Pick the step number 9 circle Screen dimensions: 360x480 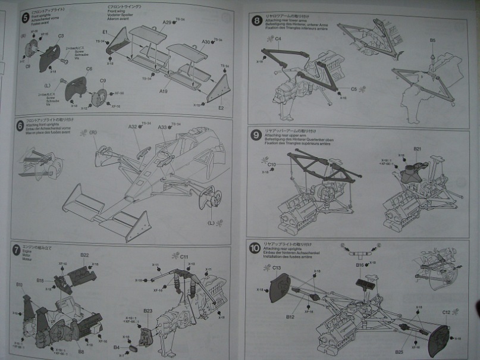point(256,134)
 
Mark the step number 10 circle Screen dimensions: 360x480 point(255,246)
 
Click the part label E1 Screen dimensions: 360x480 point(105,31)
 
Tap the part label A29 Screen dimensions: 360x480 point(167,22)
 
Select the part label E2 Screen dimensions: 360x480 point(221,108)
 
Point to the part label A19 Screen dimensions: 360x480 point(164,92)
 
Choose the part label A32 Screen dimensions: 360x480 point(133,127)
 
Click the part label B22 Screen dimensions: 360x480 point(84,255)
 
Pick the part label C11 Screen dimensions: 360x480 point(184,256)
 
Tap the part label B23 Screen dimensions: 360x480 point(148,310)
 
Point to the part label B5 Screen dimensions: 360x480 point(433,40)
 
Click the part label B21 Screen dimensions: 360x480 point(418,149)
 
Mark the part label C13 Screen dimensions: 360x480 point(277,268)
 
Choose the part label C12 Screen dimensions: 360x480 point(446,312)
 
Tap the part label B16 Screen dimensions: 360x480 point(359,265)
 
